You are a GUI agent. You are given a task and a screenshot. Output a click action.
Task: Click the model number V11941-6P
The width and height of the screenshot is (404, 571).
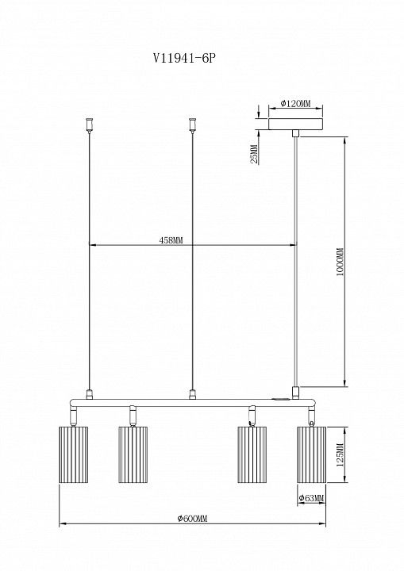tap(183, 59)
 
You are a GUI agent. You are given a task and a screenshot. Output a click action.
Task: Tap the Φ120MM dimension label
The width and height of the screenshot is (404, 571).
tap(296, 103)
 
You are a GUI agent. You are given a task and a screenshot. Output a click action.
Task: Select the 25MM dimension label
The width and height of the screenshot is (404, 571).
tap(255, 154)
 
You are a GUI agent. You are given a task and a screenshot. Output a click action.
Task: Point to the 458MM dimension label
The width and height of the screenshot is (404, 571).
tap(171, 240)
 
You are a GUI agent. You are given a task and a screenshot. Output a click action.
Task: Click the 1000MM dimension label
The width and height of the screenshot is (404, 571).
tap(340, 263)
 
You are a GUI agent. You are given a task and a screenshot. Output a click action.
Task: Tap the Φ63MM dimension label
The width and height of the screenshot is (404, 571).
tap(311, 498)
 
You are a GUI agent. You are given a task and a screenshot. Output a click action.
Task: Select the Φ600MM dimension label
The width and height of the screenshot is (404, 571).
tap(192, 519)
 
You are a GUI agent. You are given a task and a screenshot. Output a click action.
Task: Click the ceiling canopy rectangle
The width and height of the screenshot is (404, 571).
tap(296, 124)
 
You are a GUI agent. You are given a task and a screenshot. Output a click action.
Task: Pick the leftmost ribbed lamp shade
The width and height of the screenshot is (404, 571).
tap(73, 454)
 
